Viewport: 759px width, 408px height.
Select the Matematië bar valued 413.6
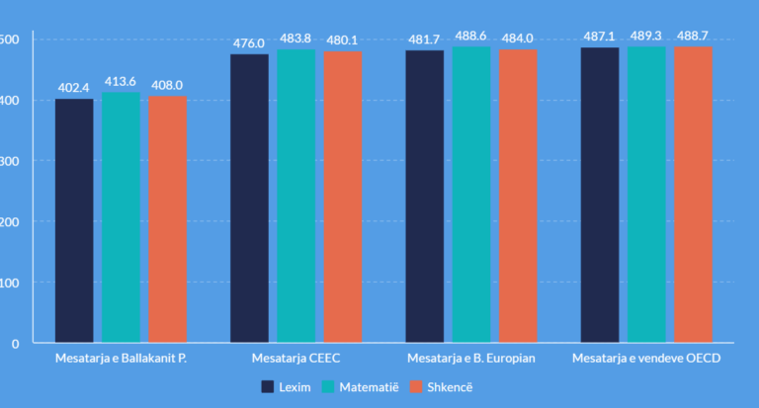coord(121,217)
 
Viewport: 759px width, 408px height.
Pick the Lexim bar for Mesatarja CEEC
coord(249,198)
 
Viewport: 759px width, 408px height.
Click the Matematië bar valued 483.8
coord(295,196)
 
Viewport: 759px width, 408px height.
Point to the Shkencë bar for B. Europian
coord(517,196)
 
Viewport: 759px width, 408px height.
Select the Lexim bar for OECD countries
coord(600,195)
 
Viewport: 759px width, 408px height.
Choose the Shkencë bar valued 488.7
coord(693,195)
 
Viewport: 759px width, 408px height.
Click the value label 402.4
coord(74,88)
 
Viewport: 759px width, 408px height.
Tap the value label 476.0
coord(249,42)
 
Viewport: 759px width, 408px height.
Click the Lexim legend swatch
coord(268,386)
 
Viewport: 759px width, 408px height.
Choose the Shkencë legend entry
coord(440,386)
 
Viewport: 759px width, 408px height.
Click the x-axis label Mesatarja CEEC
coord(296,358)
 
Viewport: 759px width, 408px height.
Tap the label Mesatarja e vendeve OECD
coord(646,358)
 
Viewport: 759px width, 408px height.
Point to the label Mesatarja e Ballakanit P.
coord(121,358)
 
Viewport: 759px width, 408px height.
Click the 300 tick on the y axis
coord(9,160)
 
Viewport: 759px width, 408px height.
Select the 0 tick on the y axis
coord(15,344)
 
